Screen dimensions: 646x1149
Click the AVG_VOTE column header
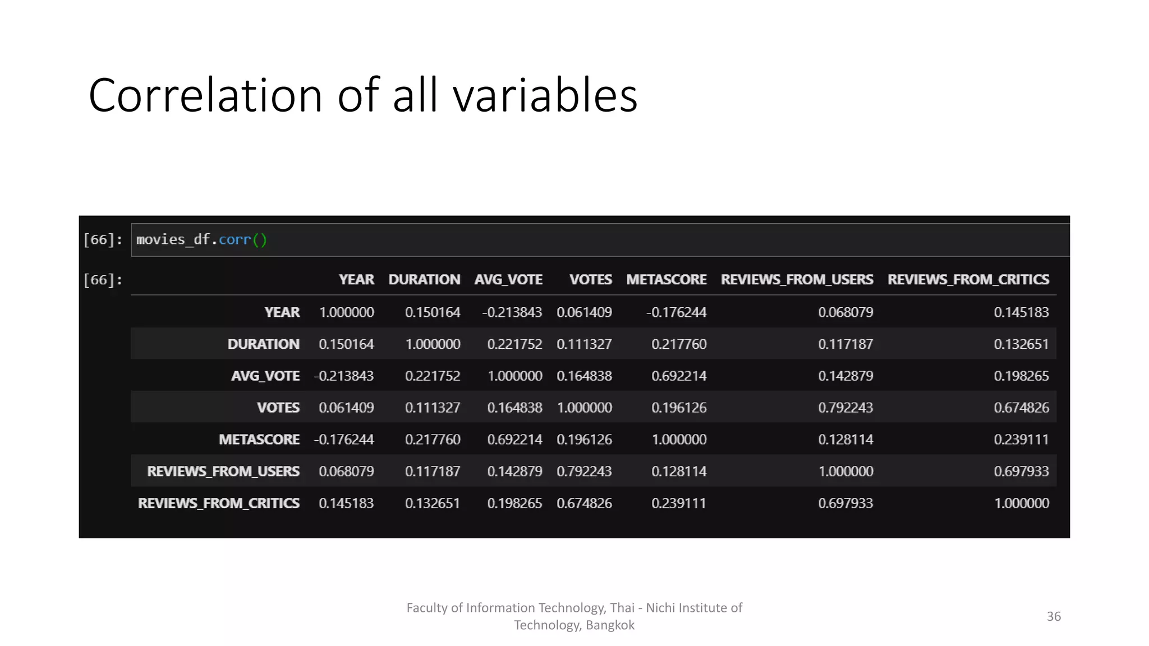point(508,279)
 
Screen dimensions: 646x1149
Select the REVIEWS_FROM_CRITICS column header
point(968,279)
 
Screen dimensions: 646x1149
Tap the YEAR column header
point(356,279)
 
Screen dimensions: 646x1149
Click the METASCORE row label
point(259,439)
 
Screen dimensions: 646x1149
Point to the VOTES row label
point(278,408)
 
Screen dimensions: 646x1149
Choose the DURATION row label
point(263,344)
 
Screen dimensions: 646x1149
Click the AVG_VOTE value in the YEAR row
point(512,312)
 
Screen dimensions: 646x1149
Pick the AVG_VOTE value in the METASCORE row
point(514,439)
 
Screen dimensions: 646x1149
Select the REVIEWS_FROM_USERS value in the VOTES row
point(845,408)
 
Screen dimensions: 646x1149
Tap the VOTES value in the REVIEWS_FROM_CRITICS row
point(584,503)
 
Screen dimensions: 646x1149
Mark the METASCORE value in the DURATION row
point(679,344)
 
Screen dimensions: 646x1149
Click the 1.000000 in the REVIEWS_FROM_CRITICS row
point(1022,503)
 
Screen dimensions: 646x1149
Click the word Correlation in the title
point(205,95)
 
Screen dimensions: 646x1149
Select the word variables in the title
point(545,95)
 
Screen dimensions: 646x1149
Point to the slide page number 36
point(1054,616)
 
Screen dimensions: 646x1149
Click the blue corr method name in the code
point(235,239)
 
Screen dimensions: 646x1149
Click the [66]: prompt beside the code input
point(103,239)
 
